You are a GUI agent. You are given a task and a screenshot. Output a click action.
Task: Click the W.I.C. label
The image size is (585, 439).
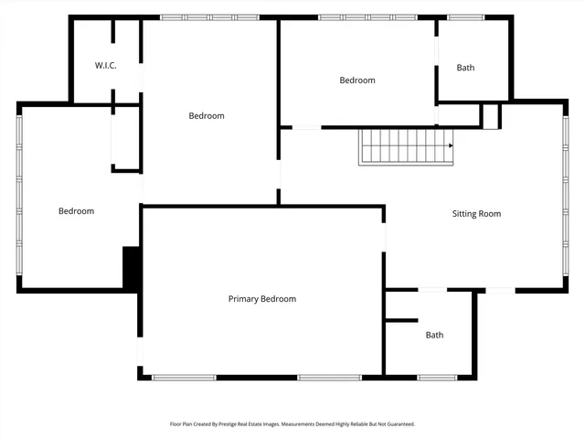[x=106, y=66]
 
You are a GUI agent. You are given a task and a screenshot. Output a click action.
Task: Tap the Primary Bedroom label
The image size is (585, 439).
[x=261, y=299]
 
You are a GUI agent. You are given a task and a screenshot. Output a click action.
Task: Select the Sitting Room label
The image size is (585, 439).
[x=476, y=214]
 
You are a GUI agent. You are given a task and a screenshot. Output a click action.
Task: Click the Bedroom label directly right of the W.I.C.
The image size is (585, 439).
[x=207, y=115]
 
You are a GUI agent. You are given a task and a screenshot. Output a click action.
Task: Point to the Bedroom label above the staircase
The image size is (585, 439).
[x=356, y=80]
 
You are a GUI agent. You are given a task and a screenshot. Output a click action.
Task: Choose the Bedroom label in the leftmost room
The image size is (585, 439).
[x=76, y=211]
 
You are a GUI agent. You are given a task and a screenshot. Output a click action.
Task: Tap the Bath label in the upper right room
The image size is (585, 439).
[x=465, y=68]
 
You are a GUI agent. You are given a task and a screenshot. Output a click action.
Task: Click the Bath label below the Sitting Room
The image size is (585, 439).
[x=434, y=335]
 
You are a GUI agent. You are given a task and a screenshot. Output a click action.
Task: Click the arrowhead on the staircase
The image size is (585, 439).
[x=450, y=145]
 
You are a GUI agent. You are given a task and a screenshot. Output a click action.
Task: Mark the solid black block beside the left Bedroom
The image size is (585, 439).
[x=131, y=268]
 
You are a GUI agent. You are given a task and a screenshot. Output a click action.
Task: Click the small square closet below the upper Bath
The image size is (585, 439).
[x=490, y=116]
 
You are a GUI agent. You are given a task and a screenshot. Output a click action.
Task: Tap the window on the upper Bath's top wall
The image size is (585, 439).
[x=465, y=16]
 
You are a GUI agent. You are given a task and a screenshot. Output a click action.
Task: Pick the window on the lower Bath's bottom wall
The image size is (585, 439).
[x=438, y=377]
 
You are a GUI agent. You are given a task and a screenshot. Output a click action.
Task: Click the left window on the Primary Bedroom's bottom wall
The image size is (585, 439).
[x=184, y=377]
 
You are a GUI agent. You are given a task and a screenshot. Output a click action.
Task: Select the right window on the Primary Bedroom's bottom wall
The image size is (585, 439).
[x=329, y=377]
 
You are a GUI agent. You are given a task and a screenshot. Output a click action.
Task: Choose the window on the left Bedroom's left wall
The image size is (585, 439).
[x=18, y=197]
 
